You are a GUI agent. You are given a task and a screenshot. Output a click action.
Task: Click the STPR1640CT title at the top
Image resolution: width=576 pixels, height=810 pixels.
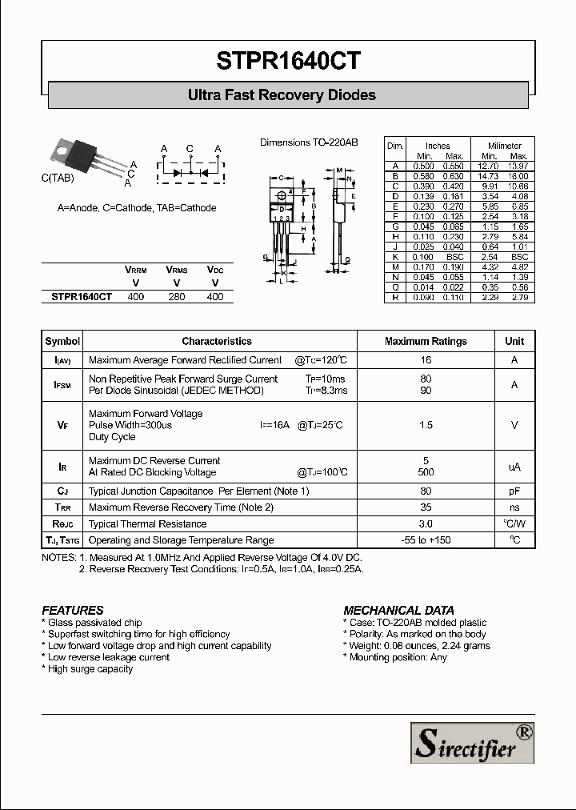[288, 61]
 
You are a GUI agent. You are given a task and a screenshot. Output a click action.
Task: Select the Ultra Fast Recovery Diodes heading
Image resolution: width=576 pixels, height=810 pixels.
[282, 95]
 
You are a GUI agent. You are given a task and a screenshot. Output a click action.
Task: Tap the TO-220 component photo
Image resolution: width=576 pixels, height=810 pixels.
[86, 159]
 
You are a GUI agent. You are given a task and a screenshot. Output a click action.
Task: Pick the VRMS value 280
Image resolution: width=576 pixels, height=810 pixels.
[176, 296]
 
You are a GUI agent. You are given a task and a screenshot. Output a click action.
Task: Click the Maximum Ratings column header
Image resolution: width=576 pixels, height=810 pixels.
[426, 341]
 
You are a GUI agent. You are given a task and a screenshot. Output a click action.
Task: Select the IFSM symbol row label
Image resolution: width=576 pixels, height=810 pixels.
[62, 385]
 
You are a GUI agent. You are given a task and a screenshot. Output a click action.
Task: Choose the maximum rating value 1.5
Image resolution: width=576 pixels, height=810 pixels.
[426, 425]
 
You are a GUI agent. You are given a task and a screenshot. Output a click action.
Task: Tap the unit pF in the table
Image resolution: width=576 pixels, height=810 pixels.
[514, 491]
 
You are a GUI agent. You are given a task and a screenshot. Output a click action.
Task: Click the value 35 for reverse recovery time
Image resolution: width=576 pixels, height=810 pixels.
[426, 507]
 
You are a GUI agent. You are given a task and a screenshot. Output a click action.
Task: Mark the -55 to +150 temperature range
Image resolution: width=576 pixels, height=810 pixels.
[426, 540]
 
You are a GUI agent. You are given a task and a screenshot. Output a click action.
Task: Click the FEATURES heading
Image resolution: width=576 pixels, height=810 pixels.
[73, 610]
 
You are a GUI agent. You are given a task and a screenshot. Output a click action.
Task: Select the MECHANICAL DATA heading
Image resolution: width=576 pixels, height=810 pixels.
[398, 610]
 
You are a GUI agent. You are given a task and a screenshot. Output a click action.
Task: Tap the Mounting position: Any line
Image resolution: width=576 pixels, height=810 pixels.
[395, 657]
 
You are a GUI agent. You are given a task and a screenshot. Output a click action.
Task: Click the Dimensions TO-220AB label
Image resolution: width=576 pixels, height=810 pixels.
[309, 142]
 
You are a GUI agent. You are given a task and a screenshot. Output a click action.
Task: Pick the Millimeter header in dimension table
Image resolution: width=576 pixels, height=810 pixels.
[505, 146]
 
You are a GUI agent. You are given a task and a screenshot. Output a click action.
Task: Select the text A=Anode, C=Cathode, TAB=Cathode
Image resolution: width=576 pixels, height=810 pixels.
[137, 208]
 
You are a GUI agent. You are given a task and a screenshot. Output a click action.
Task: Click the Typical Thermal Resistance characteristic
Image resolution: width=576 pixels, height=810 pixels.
[148, 524]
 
